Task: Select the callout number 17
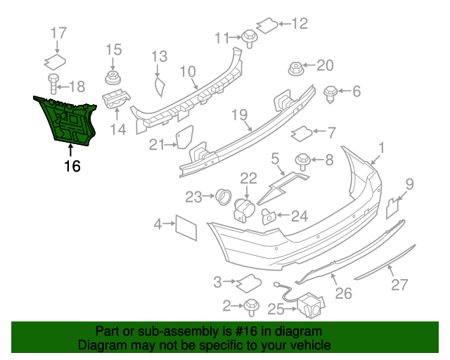click(x=59, y=32)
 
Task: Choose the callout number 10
click(x=187, y=71)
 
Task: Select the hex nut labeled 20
click(x=296, y=68)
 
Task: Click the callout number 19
click(x=239, y=114)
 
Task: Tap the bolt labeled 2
click(x=251, y=306)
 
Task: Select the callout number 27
click(x=399, y=285)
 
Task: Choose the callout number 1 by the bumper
click(x=382, y=148)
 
